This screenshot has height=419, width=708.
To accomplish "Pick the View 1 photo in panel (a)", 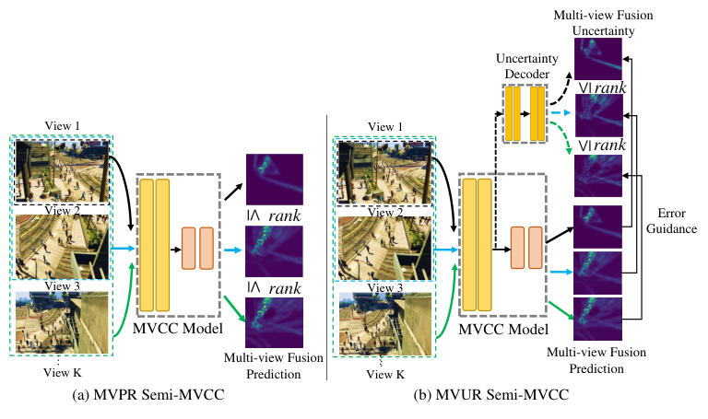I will pos(62,171).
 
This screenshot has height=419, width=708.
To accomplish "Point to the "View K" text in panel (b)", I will pos(385,373).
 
